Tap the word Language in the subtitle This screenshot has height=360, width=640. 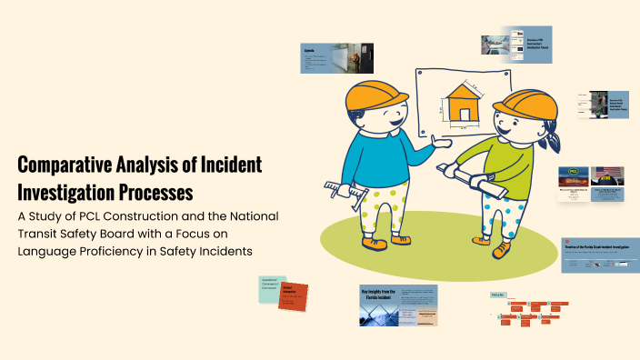pyautogui.click(x=50, y=250)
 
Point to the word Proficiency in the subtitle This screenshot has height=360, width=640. pyautogui.click(x=126, y=250)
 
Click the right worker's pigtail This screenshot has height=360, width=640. pyautogui.click(x=553, y=142)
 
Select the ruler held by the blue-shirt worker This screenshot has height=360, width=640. pyautogui.click(x=345, y=190)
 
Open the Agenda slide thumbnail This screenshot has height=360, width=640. pyautogui.click(x=337, y=58)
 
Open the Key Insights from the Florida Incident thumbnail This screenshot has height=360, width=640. pyautogui.click(x=398, y=305)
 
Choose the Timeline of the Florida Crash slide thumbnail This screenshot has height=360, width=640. pyautogui.click(x=599, y=255)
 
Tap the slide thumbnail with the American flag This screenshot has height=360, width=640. pyautogui.click(x=608, y=182)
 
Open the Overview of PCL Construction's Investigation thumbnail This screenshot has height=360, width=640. pyautogui.click(x=517, y=45)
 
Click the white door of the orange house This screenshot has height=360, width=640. pyautogui.click(x=466, y=115)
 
